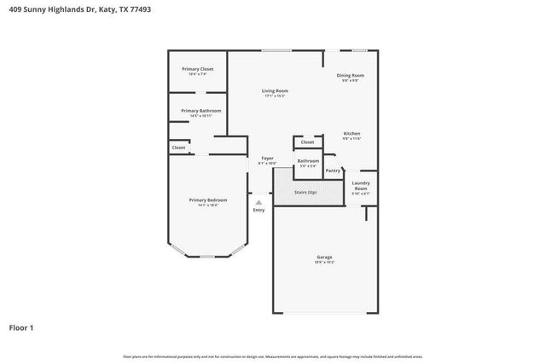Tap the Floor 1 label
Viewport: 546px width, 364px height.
coord(21,326)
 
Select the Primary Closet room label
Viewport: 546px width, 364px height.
coord(197,69)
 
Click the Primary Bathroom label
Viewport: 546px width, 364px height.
coord(200,111)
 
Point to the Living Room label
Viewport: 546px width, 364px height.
coord(274,91)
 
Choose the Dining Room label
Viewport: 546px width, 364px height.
coord(351,76)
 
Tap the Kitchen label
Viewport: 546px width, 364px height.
coord(352,134)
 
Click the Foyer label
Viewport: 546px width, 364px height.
coord(266,159)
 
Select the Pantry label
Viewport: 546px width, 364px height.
coord(333,170)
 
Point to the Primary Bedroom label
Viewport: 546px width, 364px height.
coord(208,200)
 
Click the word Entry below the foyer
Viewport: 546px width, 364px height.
coord(258,210)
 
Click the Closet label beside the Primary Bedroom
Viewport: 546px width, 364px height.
coord(178,147)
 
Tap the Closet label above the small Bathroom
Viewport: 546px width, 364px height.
coord(307,142)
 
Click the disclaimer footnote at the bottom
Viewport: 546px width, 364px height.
coord(272,356)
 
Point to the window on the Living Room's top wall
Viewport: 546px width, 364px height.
coord(276,50)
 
